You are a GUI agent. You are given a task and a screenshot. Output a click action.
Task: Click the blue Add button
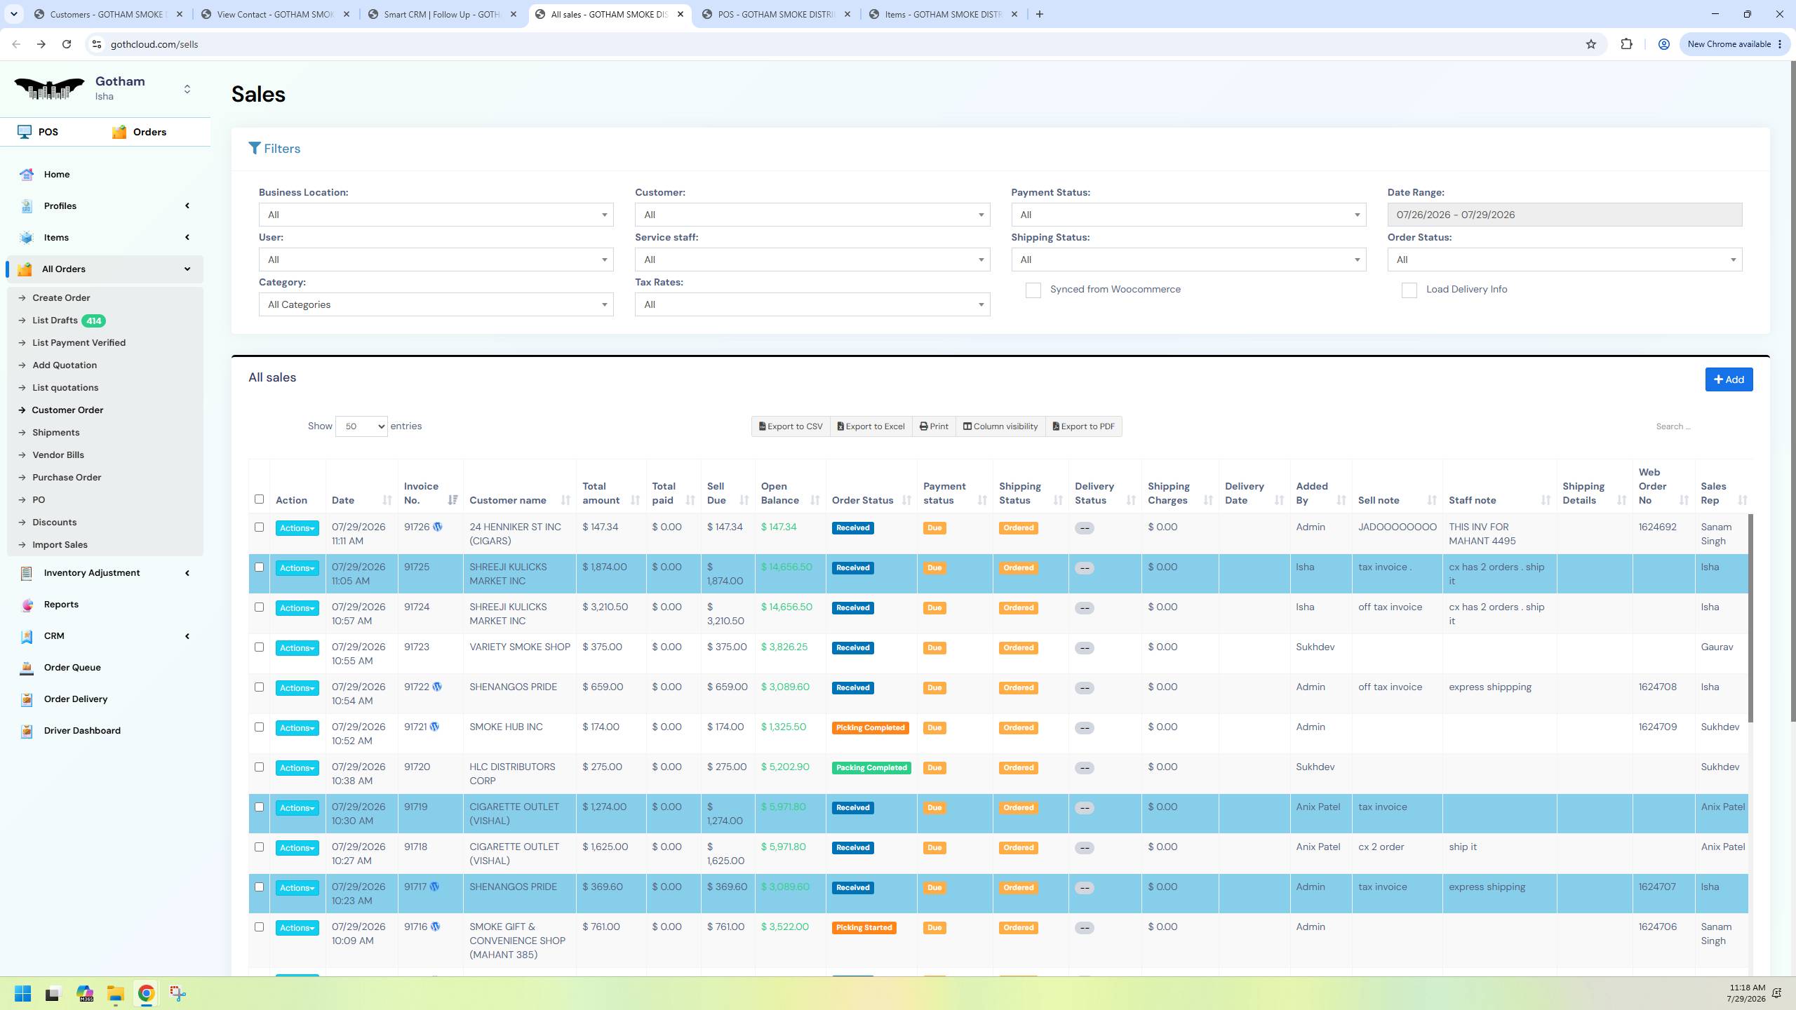tap(1729, 379)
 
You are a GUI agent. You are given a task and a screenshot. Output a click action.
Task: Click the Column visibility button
tap(1000, 426)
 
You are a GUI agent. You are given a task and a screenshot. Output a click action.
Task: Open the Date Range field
tap(1564, 215)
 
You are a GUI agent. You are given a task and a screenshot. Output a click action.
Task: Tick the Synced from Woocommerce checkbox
tap(1033, 290)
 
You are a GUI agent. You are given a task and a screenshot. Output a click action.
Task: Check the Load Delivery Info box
tap(1409, 290)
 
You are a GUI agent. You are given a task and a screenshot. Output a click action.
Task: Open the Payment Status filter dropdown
tap(1188, 215)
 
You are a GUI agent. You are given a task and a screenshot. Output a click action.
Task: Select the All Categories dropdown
tap(436, 304)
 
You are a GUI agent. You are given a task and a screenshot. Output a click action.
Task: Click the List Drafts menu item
tap(55, 321)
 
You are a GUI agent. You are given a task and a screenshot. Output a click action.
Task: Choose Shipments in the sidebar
tap(55, 433)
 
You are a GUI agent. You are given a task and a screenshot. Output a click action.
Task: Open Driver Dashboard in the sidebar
tap(82, 731)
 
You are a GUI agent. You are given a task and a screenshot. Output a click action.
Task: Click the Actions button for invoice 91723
tap(297, 648)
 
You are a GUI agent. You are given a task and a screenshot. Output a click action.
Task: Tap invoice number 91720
tap(417, 767)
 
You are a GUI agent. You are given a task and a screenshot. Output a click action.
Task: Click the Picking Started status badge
tap(864, 928)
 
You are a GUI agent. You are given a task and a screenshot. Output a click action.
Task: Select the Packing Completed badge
tap(871, 768)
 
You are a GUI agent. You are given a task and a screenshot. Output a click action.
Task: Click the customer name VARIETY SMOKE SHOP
tap(520, 647)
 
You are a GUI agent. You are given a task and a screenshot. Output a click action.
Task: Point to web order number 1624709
tap(1658, 727)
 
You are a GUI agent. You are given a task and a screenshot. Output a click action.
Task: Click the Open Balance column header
tap(780, 493)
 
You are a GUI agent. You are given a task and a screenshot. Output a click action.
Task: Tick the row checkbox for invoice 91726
tap(259, 527)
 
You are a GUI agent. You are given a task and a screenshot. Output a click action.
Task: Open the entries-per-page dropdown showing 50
tap(361, 426)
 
